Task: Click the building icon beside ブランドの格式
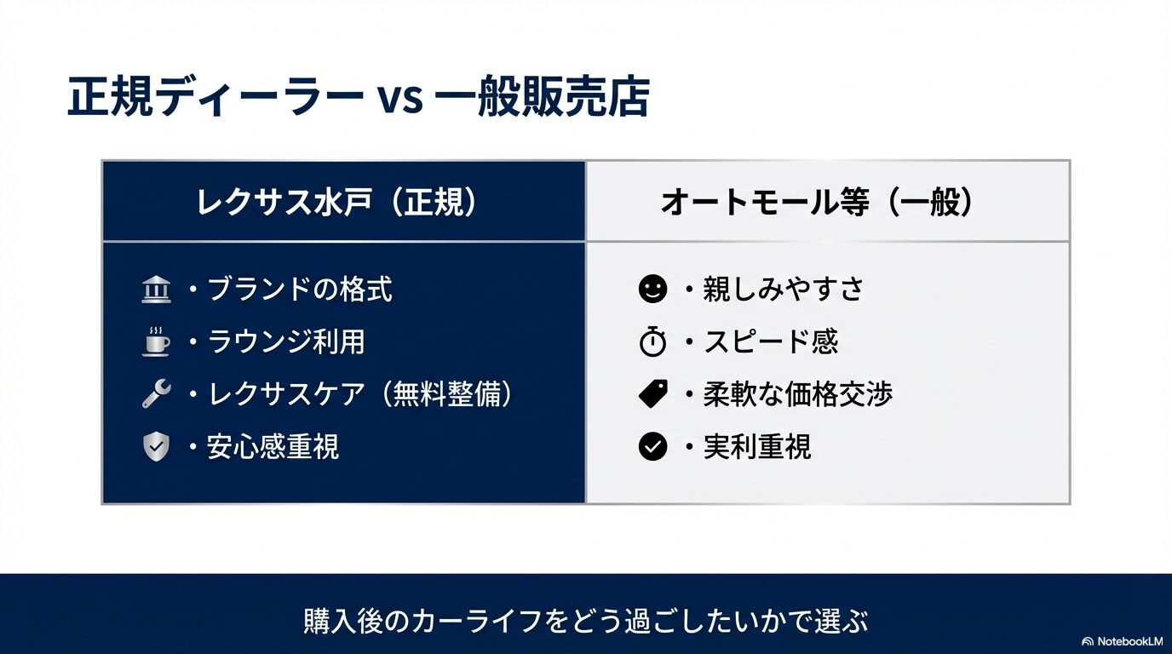[x=156, y=290]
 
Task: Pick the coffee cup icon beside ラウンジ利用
[x=156, y=341]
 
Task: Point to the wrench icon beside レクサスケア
[x=156, y=393]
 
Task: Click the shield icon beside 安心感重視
[x=156, y=446]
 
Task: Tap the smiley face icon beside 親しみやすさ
[x=652, y=290]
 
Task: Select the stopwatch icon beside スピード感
[x=652, y=341]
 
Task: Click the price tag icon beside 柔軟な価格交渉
[x=652, y=393]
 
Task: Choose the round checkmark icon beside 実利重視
[x=652, y=446]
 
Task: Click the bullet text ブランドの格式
[x=300, y=290]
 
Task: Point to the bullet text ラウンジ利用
[x=286, y=341]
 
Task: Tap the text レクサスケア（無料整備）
[x=361, y=393]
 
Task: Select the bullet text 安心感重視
[x=273, y=446]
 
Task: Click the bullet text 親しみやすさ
[x=784, y=290]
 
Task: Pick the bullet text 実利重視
[x=757, y=446]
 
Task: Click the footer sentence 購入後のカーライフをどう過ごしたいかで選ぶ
[x=586, y=621]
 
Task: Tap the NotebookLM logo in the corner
[x=1122, y=640]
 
